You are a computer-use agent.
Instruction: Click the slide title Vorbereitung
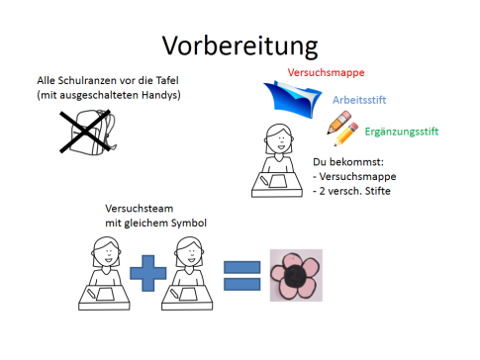click(x=240, y=44)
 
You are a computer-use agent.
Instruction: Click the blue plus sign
click(x=148, y=269)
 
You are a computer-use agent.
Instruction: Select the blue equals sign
click(x=240, y=274)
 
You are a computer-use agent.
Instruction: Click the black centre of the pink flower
click(x=296, y=276)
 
